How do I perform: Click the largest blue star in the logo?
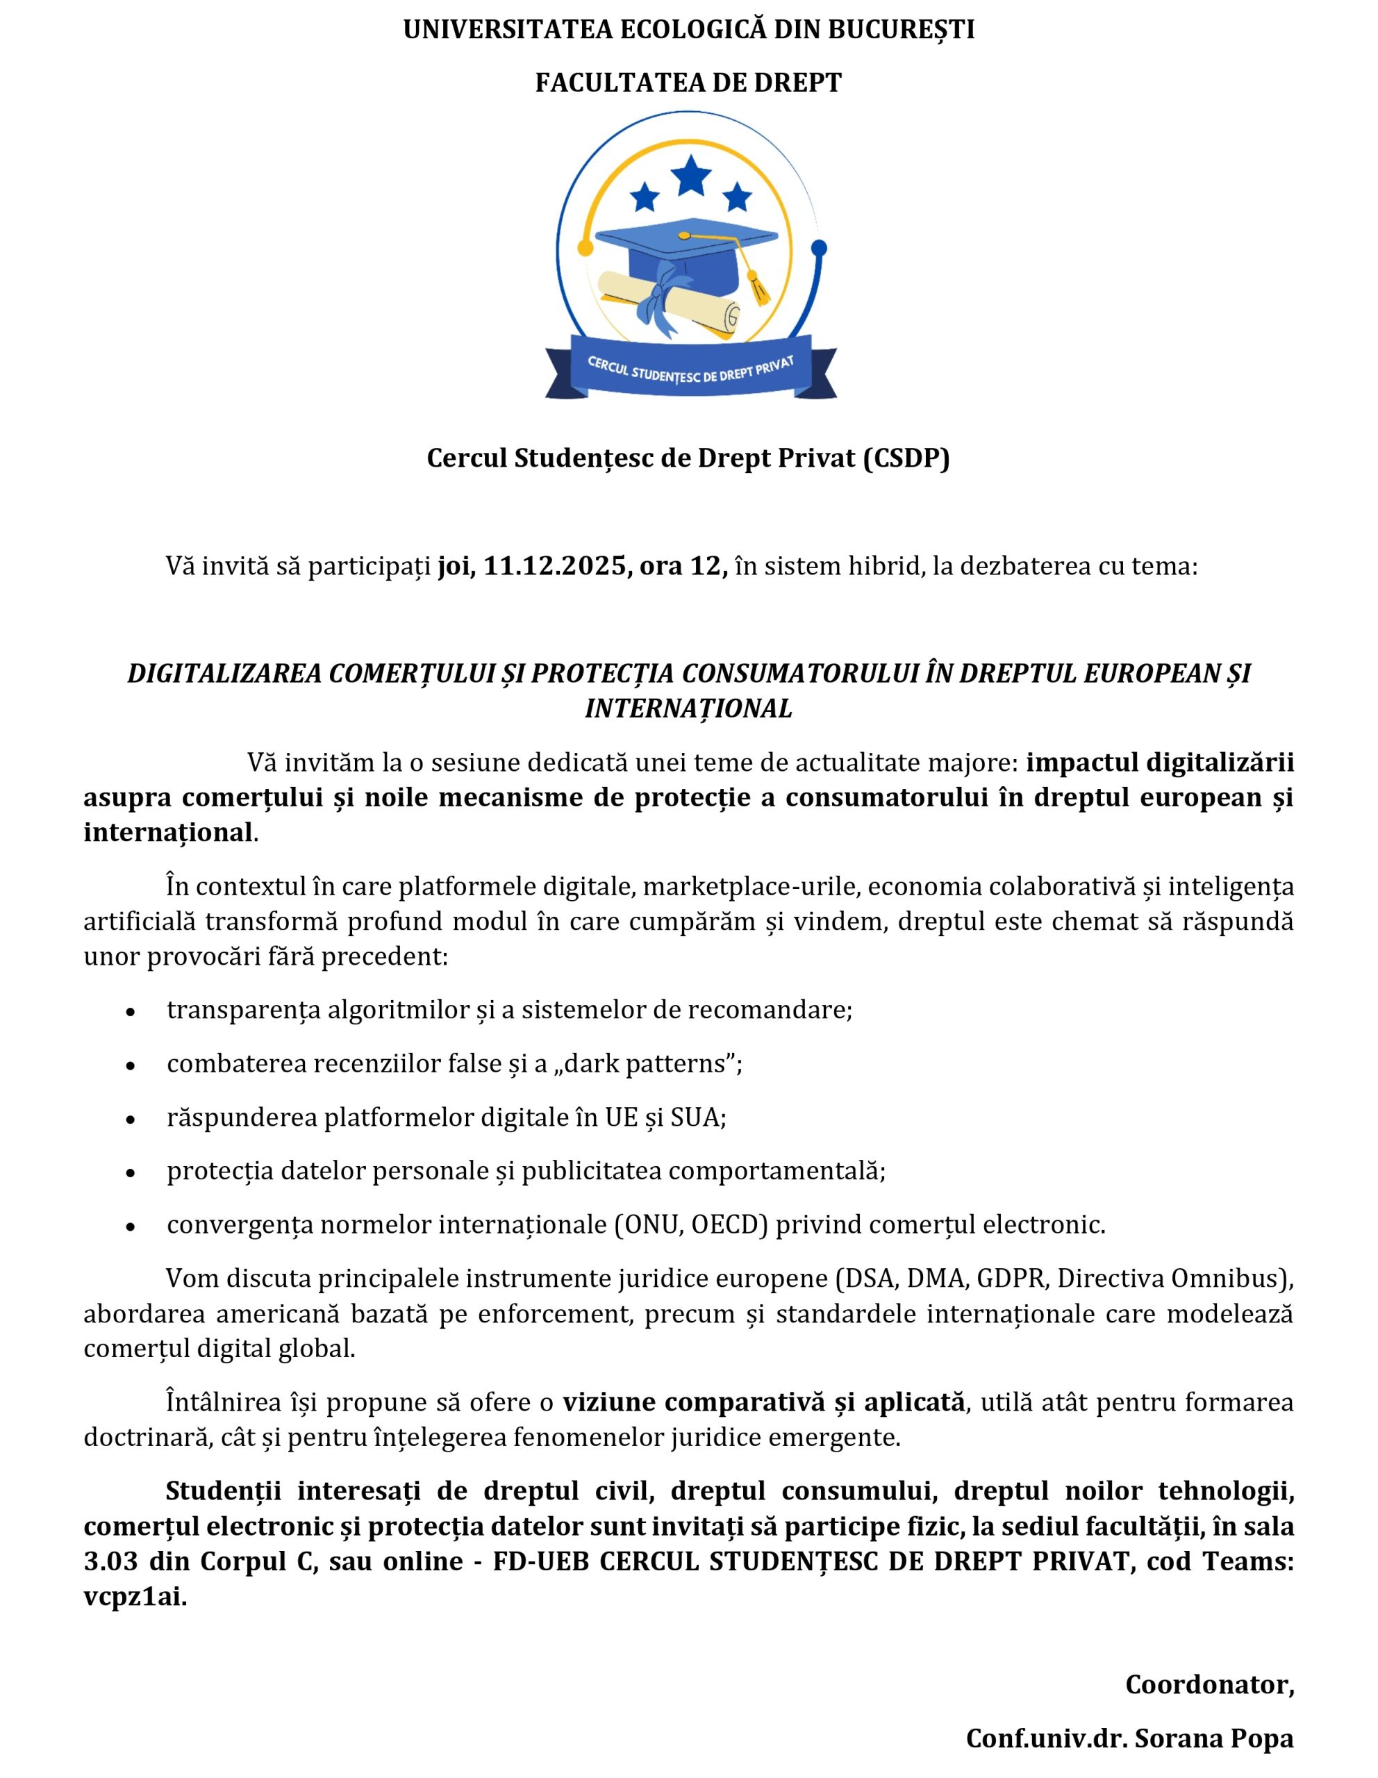click(x=691, y=174)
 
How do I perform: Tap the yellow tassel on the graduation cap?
click(x=758, y=289)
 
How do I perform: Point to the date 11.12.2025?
click(x=554, y=566)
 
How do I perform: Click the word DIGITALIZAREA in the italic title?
click(x=224, y=673)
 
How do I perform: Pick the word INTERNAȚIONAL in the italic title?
click(x=688, y=708)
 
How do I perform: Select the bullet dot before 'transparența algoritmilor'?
click(x=131, y=1011)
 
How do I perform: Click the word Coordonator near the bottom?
click(x=1208, y=1684)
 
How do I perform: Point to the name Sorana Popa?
click(x=1213, y=1738)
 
